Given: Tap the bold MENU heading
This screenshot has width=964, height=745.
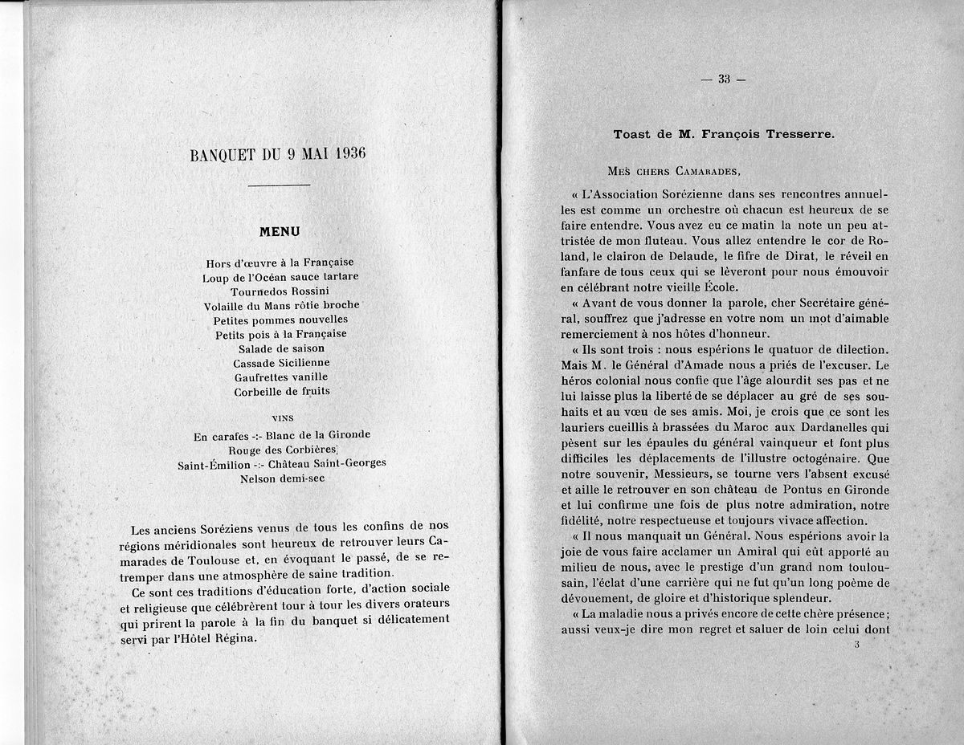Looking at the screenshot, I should point(280,232).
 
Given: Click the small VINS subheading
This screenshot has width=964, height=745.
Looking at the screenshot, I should point(283,417).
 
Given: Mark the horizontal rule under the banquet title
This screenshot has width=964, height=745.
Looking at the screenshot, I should point(280,185).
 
